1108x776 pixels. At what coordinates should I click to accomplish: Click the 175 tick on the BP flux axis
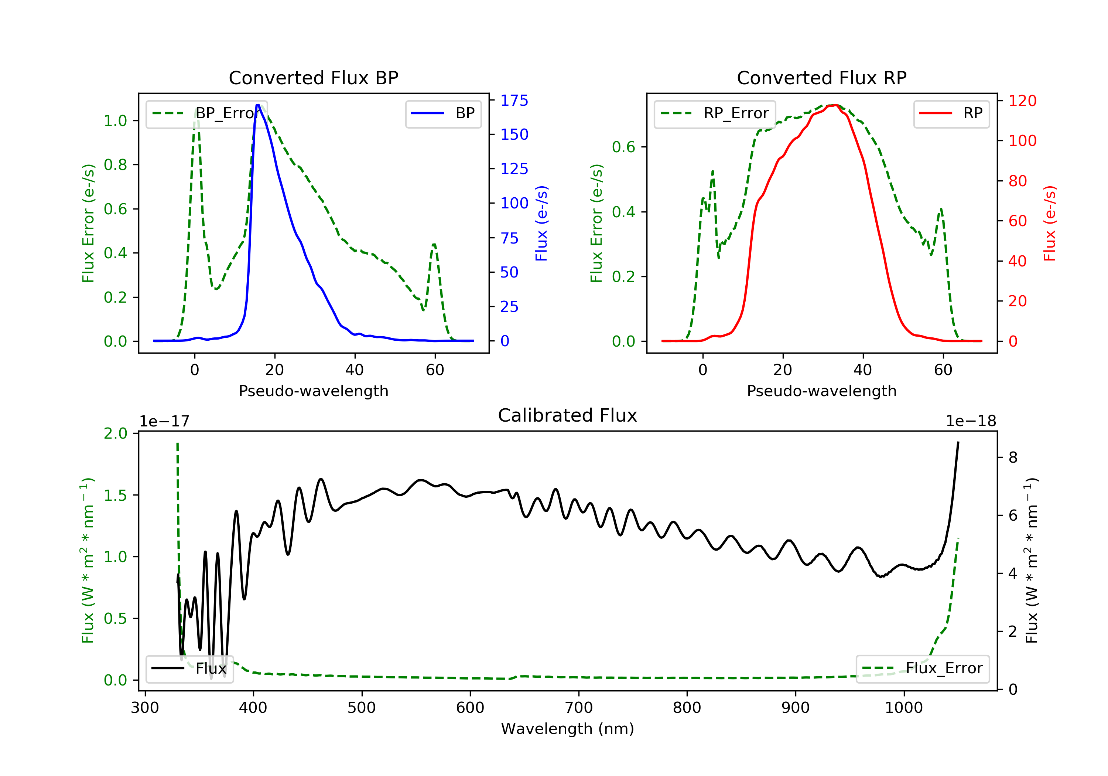pyautogui.click(x=514, y=101)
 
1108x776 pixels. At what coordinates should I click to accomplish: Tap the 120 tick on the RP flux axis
pyautogui.click(x=1022, y=101)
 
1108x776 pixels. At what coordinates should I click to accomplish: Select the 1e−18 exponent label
pyautogui.click(x=971, y=421)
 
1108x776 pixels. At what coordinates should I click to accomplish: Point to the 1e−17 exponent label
pyautogui.click(x=164, y=421)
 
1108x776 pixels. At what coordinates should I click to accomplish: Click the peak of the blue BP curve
pyautogui.click(x=258, y=105)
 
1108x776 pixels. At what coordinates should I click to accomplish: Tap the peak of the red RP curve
pyautogui.click(x=835, y=105)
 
